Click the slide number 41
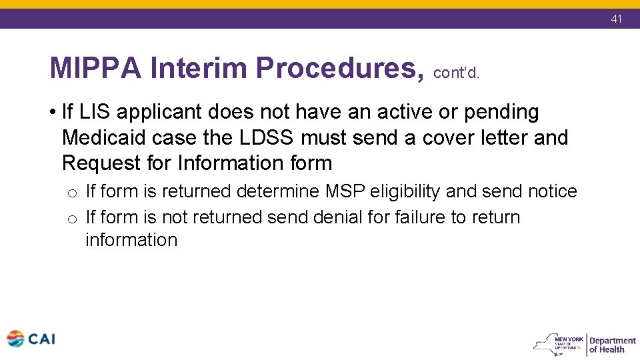[x=616, y=19]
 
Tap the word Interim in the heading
[x=199, y=67]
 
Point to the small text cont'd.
[x=456, y=73]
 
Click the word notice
[x=552, y=191]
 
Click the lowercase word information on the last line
[x=131, y=240]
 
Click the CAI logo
[x=31, y=339]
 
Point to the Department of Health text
[x=612, y=345]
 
